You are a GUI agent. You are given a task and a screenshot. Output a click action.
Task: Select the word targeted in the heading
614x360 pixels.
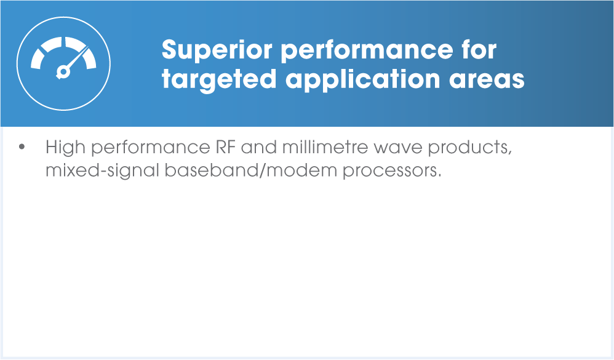click(x=219, y=79)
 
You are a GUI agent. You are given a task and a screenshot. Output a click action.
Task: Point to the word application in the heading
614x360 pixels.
click(x=362, y=79)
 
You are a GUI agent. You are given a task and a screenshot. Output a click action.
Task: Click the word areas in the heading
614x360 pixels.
click(x=487, y=79)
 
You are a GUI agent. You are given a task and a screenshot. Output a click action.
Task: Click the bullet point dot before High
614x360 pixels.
click(x=22, y=147)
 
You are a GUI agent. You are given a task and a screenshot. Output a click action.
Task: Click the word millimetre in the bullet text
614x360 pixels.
click(x=325, y=147)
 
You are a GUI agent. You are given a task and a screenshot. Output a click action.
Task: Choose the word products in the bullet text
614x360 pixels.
click(x=469, y=148)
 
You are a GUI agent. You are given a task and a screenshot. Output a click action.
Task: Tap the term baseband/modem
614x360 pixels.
click(x=250, y=170)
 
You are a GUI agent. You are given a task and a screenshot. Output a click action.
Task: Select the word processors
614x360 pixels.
click(x=392, y=172)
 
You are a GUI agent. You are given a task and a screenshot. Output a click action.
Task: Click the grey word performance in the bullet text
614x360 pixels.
click(x=150, y=148)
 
